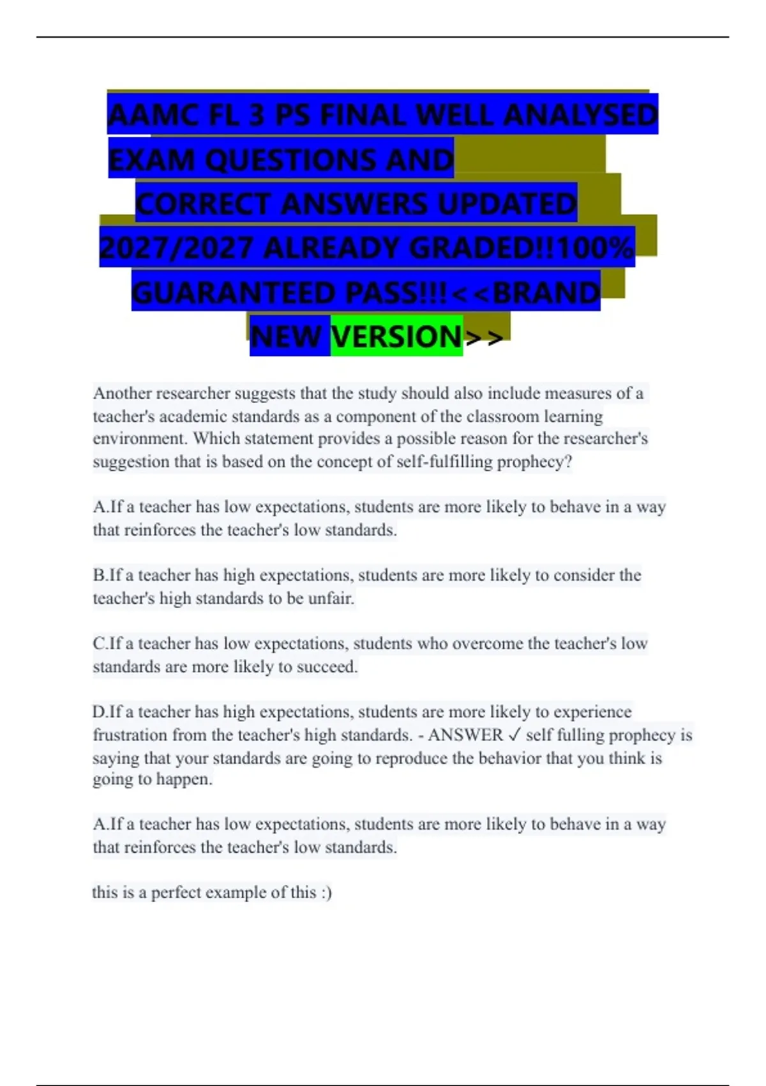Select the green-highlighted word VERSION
pos(396,337)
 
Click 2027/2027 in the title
pos(176,248)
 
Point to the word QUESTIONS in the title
pos(290,160)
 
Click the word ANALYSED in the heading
pos(580,116)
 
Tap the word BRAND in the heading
pos(546,293)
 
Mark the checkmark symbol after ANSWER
pos(514,735)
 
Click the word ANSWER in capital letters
pos(465,735)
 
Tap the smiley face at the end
pos(326,892)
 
